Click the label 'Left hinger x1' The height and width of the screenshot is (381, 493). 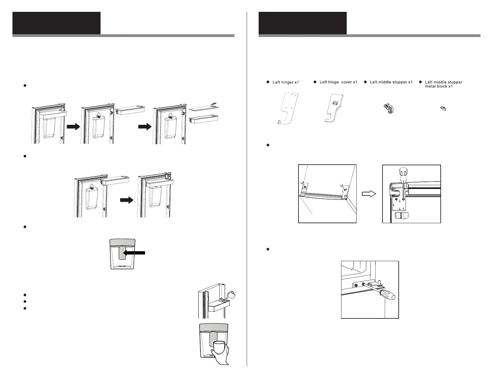point(285,82)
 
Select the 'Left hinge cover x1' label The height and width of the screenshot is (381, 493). point(338,82)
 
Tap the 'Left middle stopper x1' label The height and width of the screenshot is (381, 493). point(391,82)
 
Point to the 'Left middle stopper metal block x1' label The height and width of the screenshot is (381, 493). point(443,84)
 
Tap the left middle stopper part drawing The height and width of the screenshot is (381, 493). point(387,109)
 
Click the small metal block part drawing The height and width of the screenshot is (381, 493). point(443,108)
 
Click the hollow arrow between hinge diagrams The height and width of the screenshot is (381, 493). point(369,194)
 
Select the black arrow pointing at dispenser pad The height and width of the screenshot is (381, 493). point(134,253)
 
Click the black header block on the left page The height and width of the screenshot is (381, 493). point(56,23)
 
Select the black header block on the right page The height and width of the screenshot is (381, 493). point(303,23)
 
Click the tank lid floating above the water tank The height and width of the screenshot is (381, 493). point(202,107)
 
